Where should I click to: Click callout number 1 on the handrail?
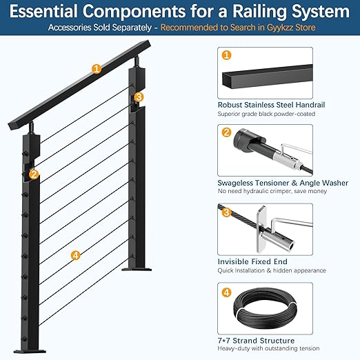tap(97, 68)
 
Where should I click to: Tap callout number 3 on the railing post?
tap(139, 97)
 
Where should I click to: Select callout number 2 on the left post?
tap(34, 174)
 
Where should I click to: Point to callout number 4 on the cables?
tap(76, 255)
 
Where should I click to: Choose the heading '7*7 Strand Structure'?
tap(256, 341)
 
